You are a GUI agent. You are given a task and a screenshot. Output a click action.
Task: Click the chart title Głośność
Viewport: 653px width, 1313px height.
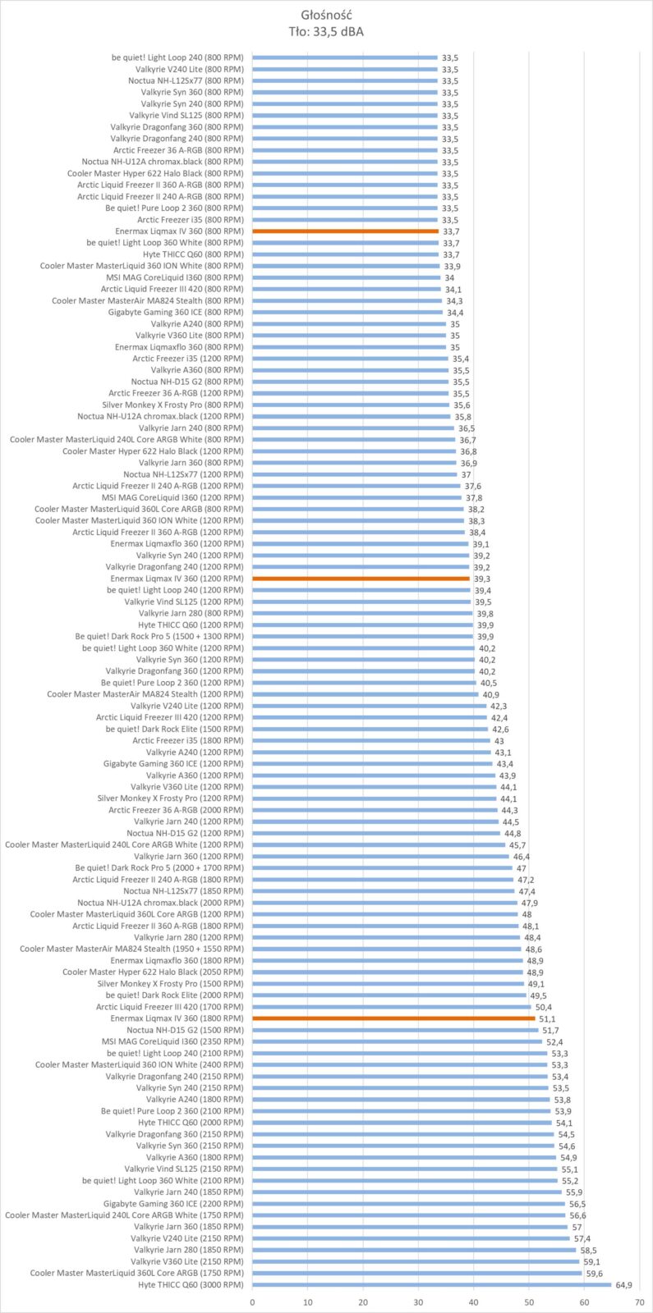(326, 16)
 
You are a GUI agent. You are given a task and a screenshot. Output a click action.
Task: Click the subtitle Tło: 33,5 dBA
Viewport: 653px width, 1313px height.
(326, 32)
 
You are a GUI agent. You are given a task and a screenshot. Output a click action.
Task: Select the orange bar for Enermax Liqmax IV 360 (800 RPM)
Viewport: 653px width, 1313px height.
(346, 231)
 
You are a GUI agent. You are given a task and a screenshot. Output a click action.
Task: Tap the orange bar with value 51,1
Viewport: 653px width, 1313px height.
(393, 1018)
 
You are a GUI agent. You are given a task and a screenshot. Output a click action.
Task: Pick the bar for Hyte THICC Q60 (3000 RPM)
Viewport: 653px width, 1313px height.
(432, 1285)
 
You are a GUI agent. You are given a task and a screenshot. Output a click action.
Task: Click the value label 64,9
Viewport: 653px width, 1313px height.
(623, 1285)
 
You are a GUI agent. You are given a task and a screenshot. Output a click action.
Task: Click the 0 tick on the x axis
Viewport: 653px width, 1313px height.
(252, 1302)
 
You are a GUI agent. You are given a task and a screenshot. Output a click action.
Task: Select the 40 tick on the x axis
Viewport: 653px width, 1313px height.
(473, 1302)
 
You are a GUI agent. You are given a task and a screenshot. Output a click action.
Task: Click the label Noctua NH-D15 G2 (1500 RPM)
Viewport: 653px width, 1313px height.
(185, 1030)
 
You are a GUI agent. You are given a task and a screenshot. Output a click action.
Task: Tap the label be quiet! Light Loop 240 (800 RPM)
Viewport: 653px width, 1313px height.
(177, 57)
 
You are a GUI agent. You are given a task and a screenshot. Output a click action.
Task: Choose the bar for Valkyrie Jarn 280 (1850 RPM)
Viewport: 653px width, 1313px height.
(414, 1251)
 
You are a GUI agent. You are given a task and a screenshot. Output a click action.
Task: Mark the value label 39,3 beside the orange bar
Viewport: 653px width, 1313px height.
(482, 579)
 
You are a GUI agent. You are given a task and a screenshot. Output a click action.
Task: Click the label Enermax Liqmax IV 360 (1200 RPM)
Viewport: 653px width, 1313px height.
(177, 579)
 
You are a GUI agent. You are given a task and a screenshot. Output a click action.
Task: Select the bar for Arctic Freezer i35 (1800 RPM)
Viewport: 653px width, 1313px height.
(371, 741)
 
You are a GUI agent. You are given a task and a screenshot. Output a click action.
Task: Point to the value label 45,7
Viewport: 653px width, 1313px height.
(517, 845)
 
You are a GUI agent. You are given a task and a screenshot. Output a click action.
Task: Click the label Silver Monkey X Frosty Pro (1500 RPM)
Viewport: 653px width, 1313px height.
(170, 984)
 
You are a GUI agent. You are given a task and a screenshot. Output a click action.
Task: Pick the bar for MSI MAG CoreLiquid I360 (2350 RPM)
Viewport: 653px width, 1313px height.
(398, 1041)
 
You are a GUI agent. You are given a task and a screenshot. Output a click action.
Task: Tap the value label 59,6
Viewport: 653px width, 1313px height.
(594, 1274)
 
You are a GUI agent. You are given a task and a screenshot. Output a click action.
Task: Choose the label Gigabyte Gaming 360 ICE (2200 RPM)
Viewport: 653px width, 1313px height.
(173, 1204)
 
